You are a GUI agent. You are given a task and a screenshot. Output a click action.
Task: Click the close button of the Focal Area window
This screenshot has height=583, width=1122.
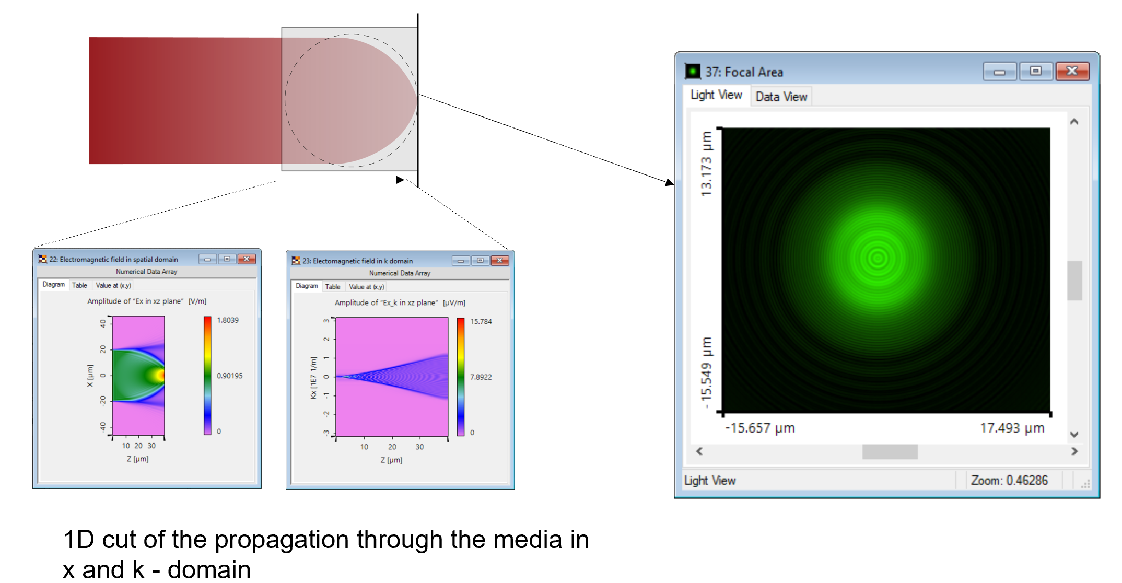pos(1072,71)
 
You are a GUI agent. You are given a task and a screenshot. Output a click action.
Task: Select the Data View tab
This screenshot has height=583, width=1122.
pos(781,97)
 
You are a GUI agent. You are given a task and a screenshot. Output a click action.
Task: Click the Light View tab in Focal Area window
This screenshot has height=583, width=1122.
pos(716,95)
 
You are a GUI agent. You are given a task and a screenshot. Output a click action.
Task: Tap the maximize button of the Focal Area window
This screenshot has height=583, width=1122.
pos(1035,71)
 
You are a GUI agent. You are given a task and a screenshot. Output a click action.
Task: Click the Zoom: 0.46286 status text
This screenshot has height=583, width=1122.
pos(1009,480)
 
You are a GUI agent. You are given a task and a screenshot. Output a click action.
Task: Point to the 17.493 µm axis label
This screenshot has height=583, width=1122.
pos(1012,428)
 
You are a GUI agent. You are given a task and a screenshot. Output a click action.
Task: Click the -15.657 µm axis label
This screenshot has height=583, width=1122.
pos(759,428)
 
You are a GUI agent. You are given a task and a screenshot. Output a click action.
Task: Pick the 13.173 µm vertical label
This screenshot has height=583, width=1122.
pos(706,164)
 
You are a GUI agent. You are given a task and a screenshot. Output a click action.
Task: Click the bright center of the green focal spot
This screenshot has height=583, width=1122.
pos(878,258)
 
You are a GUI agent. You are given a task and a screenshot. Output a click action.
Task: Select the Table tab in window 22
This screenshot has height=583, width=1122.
pos(79,285)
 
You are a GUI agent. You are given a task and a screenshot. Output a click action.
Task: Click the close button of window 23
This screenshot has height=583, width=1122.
pos(499,260)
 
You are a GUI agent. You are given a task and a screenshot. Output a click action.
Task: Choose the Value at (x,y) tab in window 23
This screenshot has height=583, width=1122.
pos(366,287)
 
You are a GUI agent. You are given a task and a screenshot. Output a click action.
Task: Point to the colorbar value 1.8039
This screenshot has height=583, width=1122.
pos(228,320)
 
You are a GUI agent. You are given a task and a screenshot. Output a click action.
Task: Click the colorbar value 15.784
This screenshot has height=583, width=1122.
pos(481,322)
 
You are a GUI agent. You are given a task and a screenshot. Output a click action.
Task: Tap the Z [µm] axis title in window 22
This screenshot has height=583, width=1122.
pos(137,459)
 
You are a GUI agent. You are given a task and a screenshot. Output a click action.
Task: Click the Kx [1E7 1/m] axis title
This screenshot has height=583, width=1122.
pos(313,378)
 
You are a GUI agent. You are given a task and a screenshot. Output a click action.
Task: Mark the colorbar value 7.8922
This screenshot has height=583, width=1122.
pos(481,377)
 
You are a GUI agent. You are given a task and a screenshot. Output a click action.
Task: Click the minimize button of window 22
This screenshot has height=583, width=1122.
pos(207,259)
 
